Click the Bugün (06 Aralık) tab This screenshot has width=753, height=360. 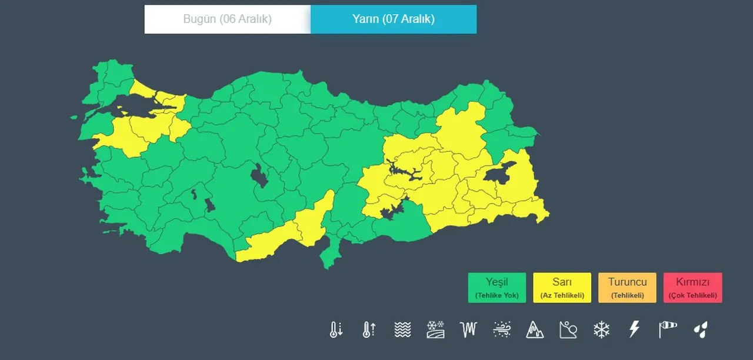click(227, 19)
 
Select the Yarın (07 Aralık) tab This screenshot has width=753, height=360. click(393, 19)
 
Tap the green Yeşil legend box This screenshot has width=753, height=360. click(497, 288)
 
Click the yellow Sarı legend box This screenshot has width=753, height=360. click(562, 288)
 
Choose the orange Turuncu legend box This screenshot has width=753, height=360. click(627, 288)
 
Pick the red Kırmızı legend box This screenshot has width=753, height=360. click(692, 288)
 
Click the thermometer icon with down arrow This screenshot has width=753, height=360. click(336, 329)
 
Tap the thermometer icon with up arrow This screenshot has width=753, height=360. click(369, 329)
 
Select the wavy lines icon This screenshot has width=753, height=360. click(402, 329)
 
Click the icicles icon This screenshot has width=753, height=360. click(468, 329)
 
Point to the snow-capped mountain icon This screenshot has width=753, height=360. click(535, 329)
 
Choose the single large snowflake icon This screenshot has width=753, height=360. click(601, 329)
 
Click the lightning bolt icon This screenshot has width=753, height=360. click(634, 329)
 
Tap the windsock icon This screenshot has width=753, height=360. click(668, 329)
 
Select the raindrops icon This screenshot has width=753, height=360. click(701, 329)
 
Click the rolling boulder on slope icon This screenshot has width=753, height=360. click(568, 329)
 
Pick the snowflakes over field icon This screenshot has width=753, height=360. click(435, 329)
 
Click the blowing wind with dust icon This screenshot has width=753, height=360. click(502, 329)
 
